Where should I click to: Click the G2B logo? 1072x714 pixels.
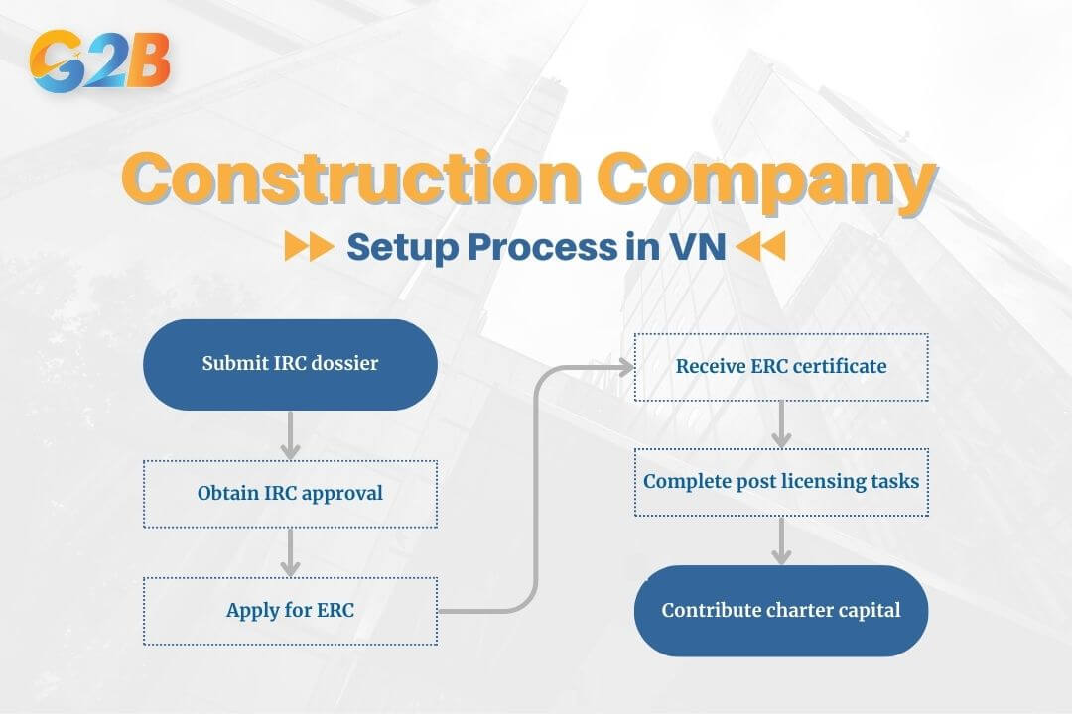[100, 60]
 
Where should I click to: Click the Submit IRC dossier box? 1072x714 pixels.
[290, 364]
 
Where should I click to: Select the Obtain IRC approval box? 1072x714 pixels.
[290, 494]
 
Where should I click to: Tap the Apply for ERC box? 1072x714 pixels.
[290, 611]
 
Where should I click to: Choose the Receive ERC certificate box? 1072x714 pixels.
[781, 367]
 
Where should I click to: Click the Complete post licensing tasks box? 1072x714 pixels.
[781, 482]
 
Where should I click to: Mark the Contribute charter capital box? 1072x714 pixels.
[781, 610]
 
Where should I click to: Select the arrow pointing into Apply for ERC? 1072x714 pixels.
[290, 552]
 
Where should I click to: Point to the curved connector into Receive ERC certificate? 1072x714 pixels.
[537, 486]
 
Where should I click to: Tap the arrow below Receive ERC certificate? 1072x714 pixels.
[781, 424]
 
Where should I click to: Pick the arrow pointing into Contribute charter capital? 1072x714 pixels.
[781, 540]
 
